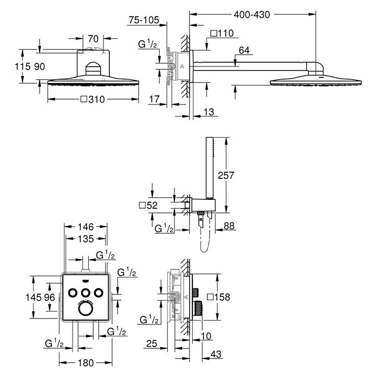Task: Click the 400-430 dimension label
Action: [252, 15]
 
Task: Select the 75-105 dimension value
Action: [144, 20]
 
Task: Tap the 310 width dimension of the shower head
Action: [93, 99]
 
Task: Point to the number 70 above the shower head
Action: [93, 38]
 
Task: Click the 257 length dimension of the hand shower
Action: [226, 175]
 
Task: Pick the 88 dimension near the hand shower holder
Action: [229, 226]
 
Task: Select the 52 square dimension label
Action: [148, 205]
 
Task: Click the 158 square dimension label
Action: [218, 297]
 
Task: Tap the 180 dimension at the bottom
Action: [86, 363]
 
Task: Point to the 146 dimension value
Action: [86, 227]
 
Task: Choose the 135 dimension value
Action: [86, 239]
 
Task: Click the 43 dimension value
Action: [216, 354]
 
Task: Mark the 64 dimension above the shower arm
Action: [244, 50]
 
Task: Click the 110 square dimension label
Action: [222, 33]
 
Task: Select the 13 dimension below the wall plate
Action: [209, 112]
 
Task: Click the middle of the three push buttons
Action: [85, 293]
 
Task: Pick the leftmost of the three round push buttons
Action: [73, 293]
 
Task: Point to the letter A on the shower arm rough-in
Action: [182, 67]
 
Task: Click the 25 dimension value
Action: [152, 343]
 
